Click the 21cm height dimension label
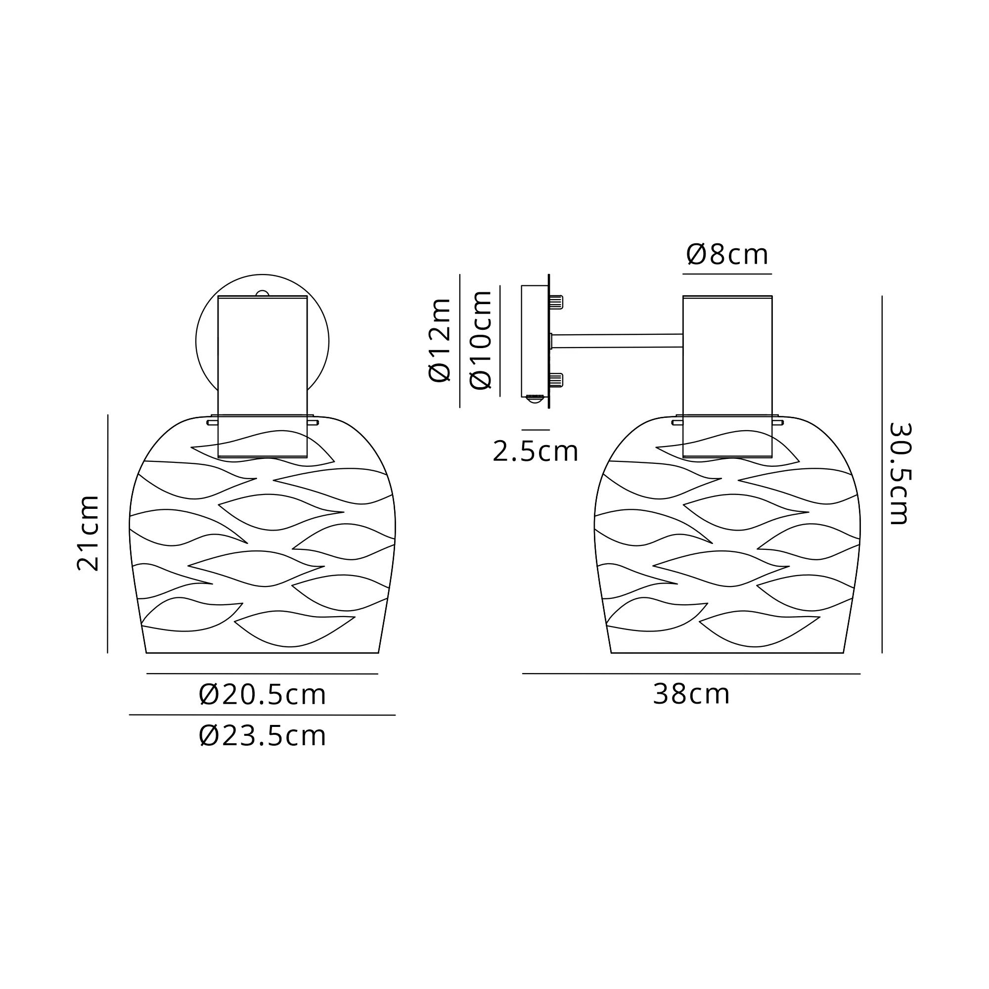pyautogui.click(x=88, y=533)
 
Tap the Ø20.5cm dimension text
pyautogui.click(x=262, y=695)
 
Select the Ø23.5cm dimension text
pyautogui.click(x=262, y=736)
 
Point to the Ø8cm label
pyautogui.click(x=727, y=254)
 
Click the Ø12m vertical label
pyautogui.click(x=440, y=340)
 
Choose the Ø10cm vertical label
pyautogui.click(x=481, y=340)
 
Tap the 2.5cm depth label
pyautogui.click(x=536, y=451)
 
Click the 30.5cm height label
pyautogui.click(x=899, y=474)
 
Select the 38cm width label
pyautogui.click(x=691, y=695)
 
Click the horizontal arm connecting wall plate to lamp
pyautogui.click(x=617, y=341)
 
